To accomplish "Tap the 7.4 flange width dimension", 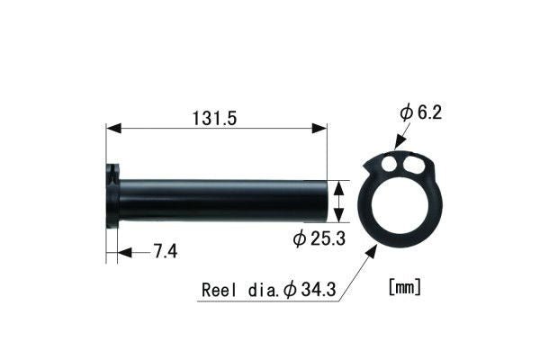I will point(164,252).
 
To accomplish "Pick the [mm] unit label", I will point(405,288).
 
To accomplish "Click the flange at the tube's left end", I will point(112,196).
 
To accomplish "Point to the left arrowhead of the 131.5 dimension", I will point(112,130).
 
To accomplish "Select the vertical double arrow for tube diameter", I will point(338,200).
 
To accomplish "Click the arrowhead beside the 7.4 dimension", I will point(124,252).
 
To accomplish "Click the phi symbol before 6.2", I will point(407,113).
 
